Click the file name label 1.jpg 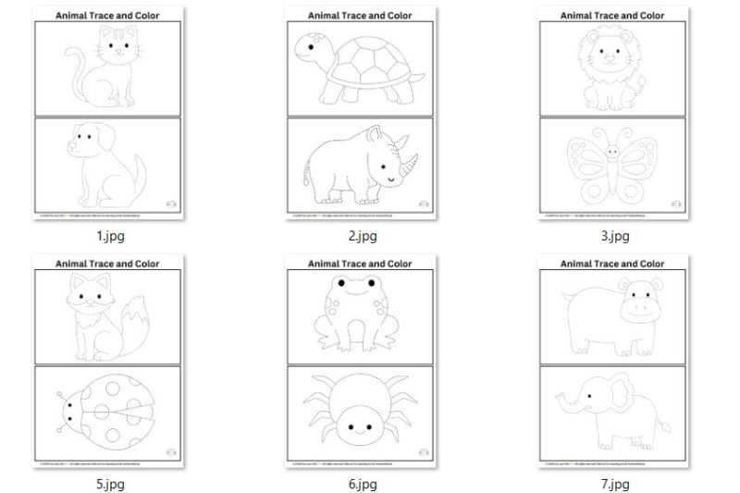point(110,236)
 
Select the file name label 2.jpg point(363,236)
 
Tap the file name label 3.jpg point(615,236)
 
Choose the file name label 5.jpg point(110,484)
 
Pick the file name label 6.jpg point(363,484)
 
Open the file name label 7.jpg point(615,484)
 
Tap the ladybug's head point(66,408)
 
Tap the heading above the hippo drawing point(613,264)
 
